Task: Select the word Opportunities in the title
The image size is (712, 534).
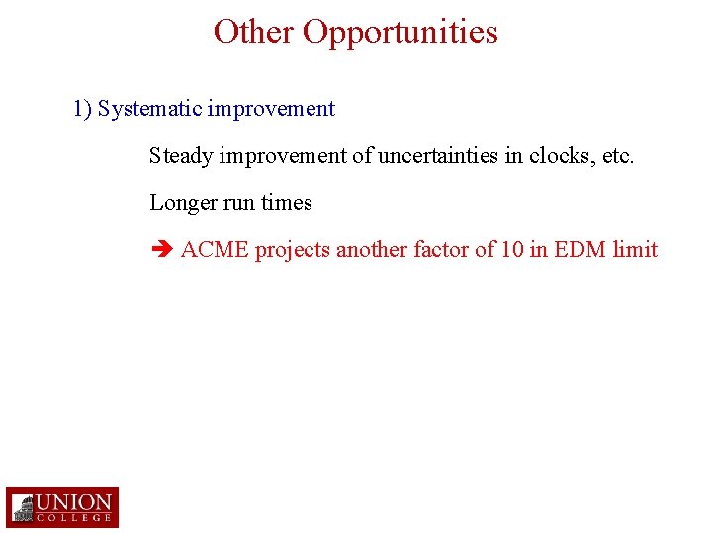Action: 400,32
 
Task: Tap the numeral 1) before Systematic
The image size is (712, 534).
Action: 82,109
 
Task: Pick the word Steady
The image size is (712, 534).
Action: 181,156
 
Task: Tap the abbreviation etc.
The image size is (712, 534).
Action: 618,156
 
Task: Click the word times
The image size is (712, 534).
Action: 287,203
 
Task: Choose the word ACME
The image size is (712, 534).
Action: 215,250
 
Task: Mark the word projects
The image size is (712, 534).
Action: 293,250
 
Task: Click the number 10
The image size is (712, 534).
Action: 512,250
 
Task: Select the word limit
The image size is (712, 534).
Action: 635,250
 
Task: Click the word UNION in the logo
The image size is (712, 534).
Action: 75,501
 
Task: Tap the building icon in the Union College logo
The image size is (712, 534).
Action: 23,508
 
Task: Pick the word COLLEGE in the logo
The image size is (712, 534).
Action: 75,518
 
